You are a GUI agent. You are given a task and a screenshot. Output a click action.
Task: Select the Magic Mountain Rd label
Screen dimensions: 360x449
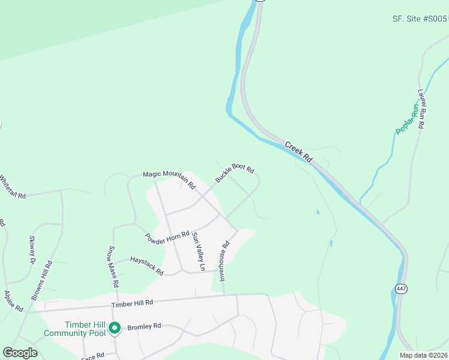point(169,179)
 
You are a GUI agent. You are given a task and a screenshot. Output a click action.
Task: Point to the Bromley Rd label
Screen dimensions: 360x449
point(144,327)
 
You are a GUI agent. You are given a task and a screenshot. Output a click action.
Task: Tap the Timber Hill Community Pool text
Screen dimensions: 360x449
point(74,328)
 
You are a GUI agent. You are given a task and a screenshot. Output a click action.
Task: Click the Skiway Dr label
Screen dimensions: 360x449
point(32,250)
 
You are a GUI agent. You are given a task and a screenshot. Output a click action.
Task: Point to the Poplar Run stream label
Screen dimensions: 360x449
point(406,119)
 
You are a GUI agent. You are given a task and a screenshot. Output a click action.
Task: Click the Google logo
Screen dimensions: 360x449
point(20,353)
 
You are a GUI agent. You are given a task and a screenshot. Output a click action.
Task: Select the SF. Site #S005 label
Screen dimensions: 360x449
point(420,19)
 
